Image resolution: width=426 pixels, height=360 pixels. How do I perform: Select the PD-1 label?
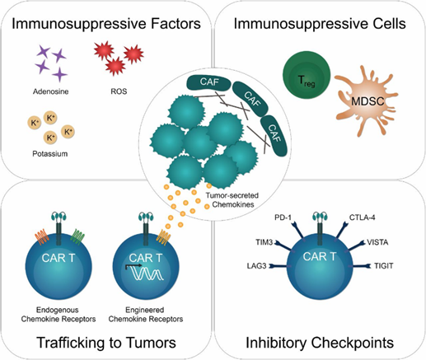[x=283, y=217]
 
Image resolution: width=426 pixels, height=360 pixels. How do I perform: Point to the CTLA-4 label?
[x=362, y=217]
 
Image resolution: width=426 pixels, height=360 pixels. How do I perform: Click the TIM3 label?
[x=264, y=242]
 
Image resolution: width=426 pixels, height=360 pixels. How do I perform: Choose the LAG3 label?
[x=256, y=266]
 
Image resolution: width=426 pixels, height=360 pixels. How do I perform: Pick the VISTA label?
[x=377, y=242]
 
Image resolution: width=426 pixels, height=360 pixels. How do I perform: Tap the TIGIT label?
[x=383, y=266]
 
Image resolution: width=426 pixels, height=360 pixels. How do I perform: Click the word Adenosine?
[x=51, y=91]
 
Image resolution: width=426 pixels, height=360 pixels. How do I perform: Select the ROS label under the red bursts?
[x=119, y=91]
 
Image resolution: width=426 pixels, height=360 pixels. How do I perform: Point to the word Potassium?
[x=50, y=153]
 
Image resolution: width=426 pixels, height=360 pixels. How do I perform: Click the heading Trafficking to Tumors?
[x=106, y=343]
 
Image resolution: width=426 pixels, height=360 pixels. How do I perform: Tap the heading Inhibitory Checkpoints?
[x=320, y=343]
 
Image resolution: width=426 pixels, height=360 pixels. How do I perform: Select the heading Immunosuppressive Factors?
[x=106, y=24]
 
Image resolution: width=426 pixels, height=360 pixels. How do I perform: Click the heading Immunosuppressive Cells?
[x=320, y=24]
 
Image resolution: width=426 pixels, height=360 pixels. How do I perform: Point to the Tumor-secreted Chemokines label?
[x=232, y=200]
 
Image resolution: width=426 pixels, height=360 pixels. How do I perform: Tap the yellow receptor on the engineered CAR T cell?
[x=163, y=237]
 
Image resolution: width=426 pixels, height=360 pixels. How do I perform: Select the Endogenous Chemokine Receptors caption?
[x=59, y=315]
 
